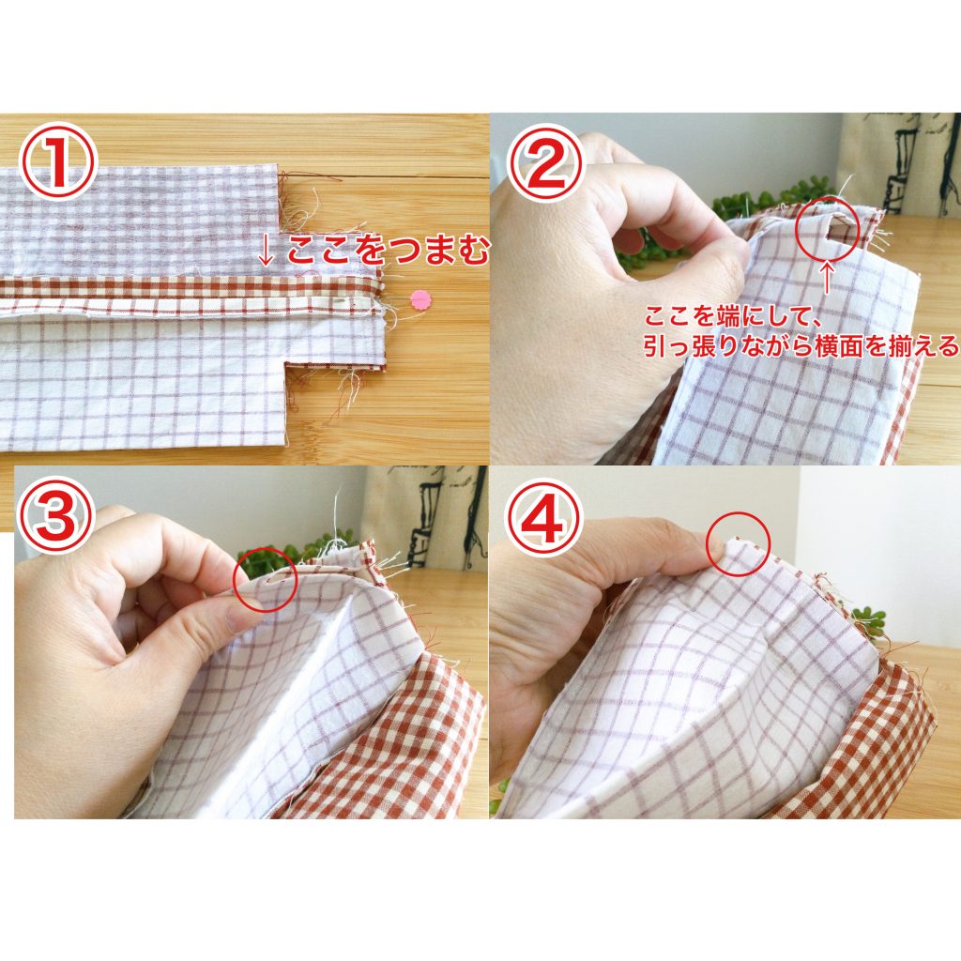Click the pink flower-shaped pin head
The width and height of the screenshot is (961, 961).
point(419,299)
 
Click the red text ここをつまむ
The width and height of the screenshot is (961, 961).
point(388,252)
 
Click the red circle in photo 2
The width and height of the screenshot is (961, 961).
point(829,230)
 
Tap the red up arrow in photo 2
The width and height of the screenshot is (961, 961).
point(828,278)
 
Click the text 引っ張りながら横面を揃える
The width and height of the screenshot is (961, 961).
point(801,346)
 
